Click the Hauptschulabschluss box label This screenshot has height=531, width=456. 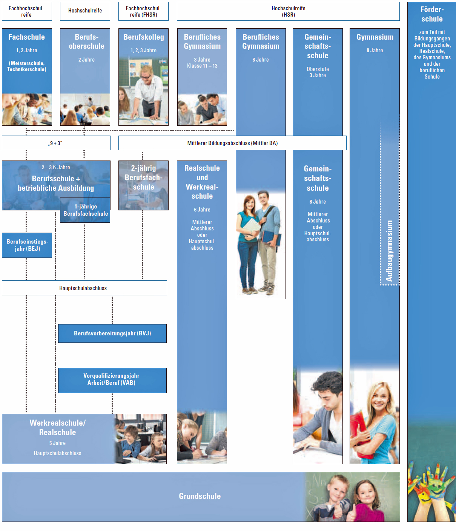click(x=83, y=288)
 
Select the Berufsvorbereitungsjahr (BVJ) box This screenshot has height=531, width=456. click(x=112, y=333)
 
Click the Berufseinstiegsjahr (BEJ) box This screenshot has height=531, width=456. click(x=27, y=245)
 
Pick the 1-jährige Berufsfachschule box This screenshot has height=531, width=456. click(x=86, y=210)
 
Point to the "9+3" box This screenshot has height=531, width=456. click(x=55, y=143)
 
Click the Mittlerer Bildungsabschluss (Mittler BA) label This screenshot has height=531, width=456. click(x=232, y=143)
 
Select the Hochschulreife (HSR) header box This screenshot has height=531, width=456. click(x=288, y=11)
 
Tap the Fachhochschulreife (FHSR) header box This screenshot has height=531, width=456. click(x=143, y=11)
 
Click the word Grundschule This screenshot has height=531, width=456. click(x=200, y=496)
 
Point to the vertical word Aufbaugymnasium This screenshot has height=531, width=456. click(x=389, y=251)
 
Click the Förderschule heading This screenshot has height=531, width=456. click(x=432, y=14)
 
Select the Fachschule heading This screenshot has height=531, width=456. click(x=27, y=37)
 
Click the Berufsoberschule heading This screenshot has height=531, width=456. click(x=86, y=42)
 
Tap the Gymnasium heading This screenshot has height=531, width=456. click(x=375, y=37)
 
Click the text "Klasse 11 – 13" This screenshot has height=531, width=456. click(x=202, y=66)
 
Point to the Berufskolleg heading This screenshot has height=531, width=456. click(x=143, y=37)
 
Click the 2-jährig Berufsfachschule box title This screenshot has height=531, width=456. click(x=143, y=178)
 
